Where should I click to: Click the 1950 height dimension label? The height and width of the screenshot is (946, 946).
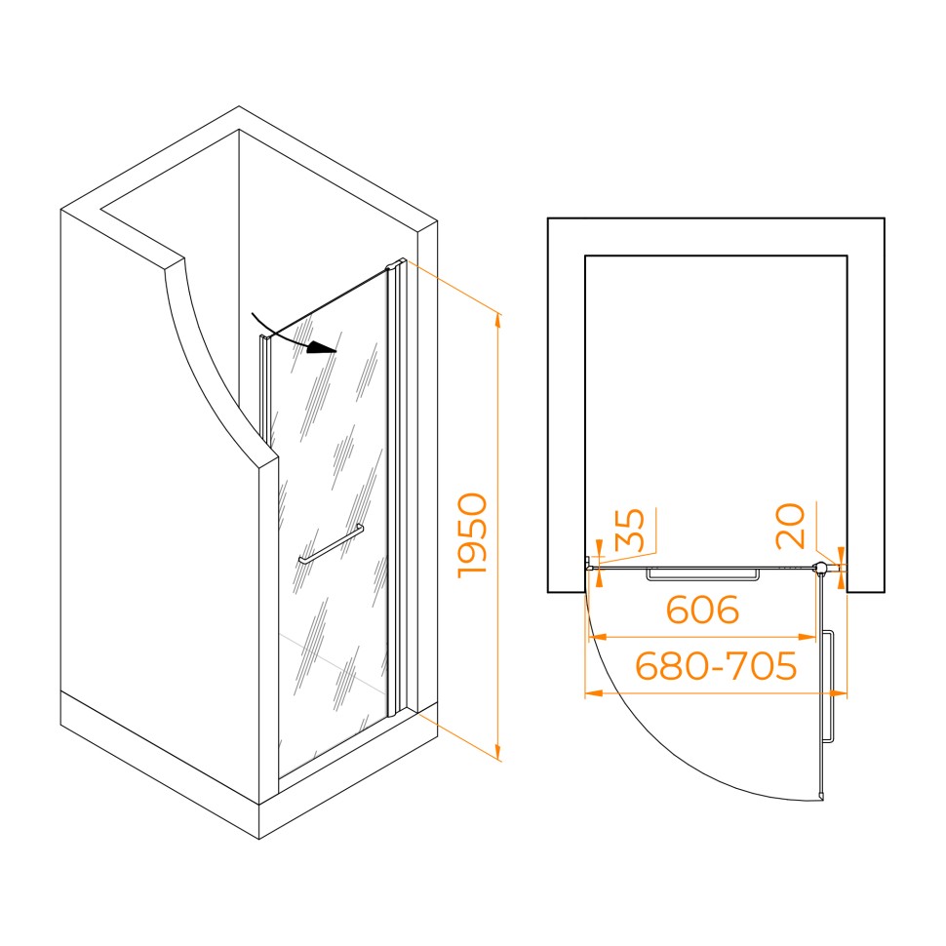(472, 535)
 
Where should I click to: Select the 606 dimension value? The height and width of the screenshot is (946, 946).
(702, 610)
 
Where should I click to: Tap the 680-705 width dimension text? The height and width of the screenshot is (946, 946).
(716, 665)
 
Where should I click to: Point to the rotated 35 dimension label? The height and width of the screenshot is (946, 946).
(629, 531)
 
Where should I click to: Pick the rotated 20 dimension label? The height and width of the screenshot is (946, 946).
(790, 527)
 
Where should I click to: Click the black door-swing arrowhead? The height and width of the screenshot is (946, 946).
(321, 347)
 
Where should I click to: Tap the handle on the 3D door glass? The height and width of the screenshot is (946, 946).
(331, 544)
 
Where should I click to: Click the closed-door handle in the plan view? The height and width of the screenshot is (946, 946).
(703, 574)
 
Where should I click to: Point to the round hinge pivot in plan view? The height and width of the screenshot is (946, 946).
(821, 568)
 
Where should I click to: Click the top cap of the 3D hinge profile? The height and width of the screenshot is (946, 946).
(396, 264)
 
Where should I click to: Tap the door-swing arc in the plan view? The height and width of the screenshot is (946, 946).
(663, 743)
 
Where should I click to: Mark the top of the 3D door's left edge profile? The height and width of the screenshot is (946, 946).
(263, 337)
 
